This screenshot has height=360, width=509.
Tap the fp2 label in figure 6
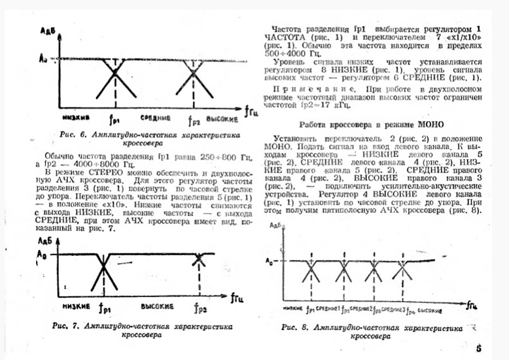[x=194, y=120]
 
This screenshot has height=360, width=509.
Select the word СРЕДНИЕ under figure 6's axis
[x=155, y=118]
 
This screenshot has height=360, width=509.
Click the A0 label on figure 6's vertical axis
[x=43, y=60]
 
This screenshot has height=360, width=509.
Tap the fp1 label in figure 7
[x=103, y=306]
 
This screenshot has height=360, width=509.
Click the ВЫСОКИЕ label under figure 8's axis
[x=430, y=308]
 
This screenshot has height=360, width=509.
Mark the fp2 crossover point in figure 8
[x=344, y=269]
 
